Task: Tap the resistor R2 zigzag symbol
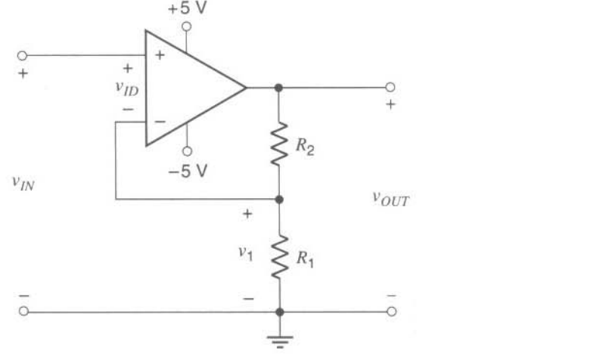tap(279, 144)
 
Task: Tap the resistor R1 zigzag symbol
tap(279, 256)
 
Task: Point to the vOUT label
tap(390, 198)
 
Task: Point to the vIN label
tap(25, 182)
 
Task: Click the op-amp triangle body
tap(189, 88)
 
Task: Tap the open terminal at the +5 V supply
tap(187, 26)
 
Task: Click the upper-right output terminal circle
tap(390, 88)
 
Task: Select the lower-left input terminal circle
tap(23, 311)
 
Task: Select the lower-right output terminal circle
tap(390, 311)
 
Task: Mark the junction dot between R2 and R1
tap(279, 200)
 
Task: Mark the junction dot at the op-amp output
tap(279, 88)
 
